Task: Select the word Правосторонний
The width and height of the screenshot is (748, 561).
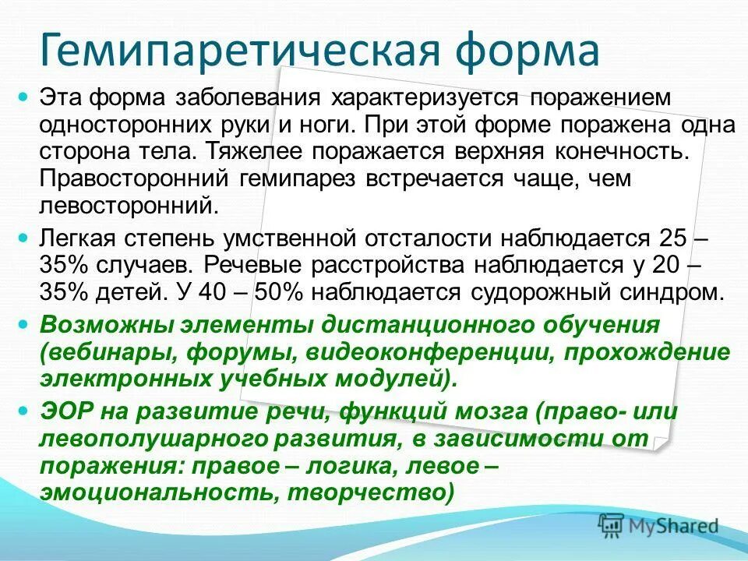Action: coord(130,178)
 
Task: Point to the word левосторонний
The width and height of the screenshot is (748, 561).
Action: coord(129,206)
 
